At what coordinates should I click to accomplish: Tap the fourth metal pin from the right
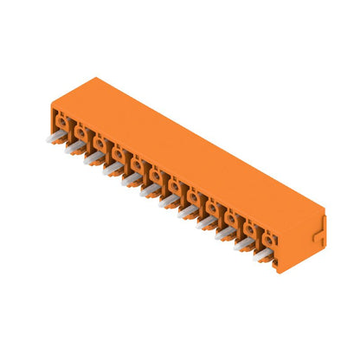[x=206, y=222]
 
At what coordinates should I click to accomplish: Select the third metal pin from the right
[x=225, y=232]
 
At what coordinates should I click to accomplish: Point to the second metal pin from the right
[x=244, y=243]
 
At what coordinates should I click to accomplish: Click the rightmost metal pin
[x=263, y=254]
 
